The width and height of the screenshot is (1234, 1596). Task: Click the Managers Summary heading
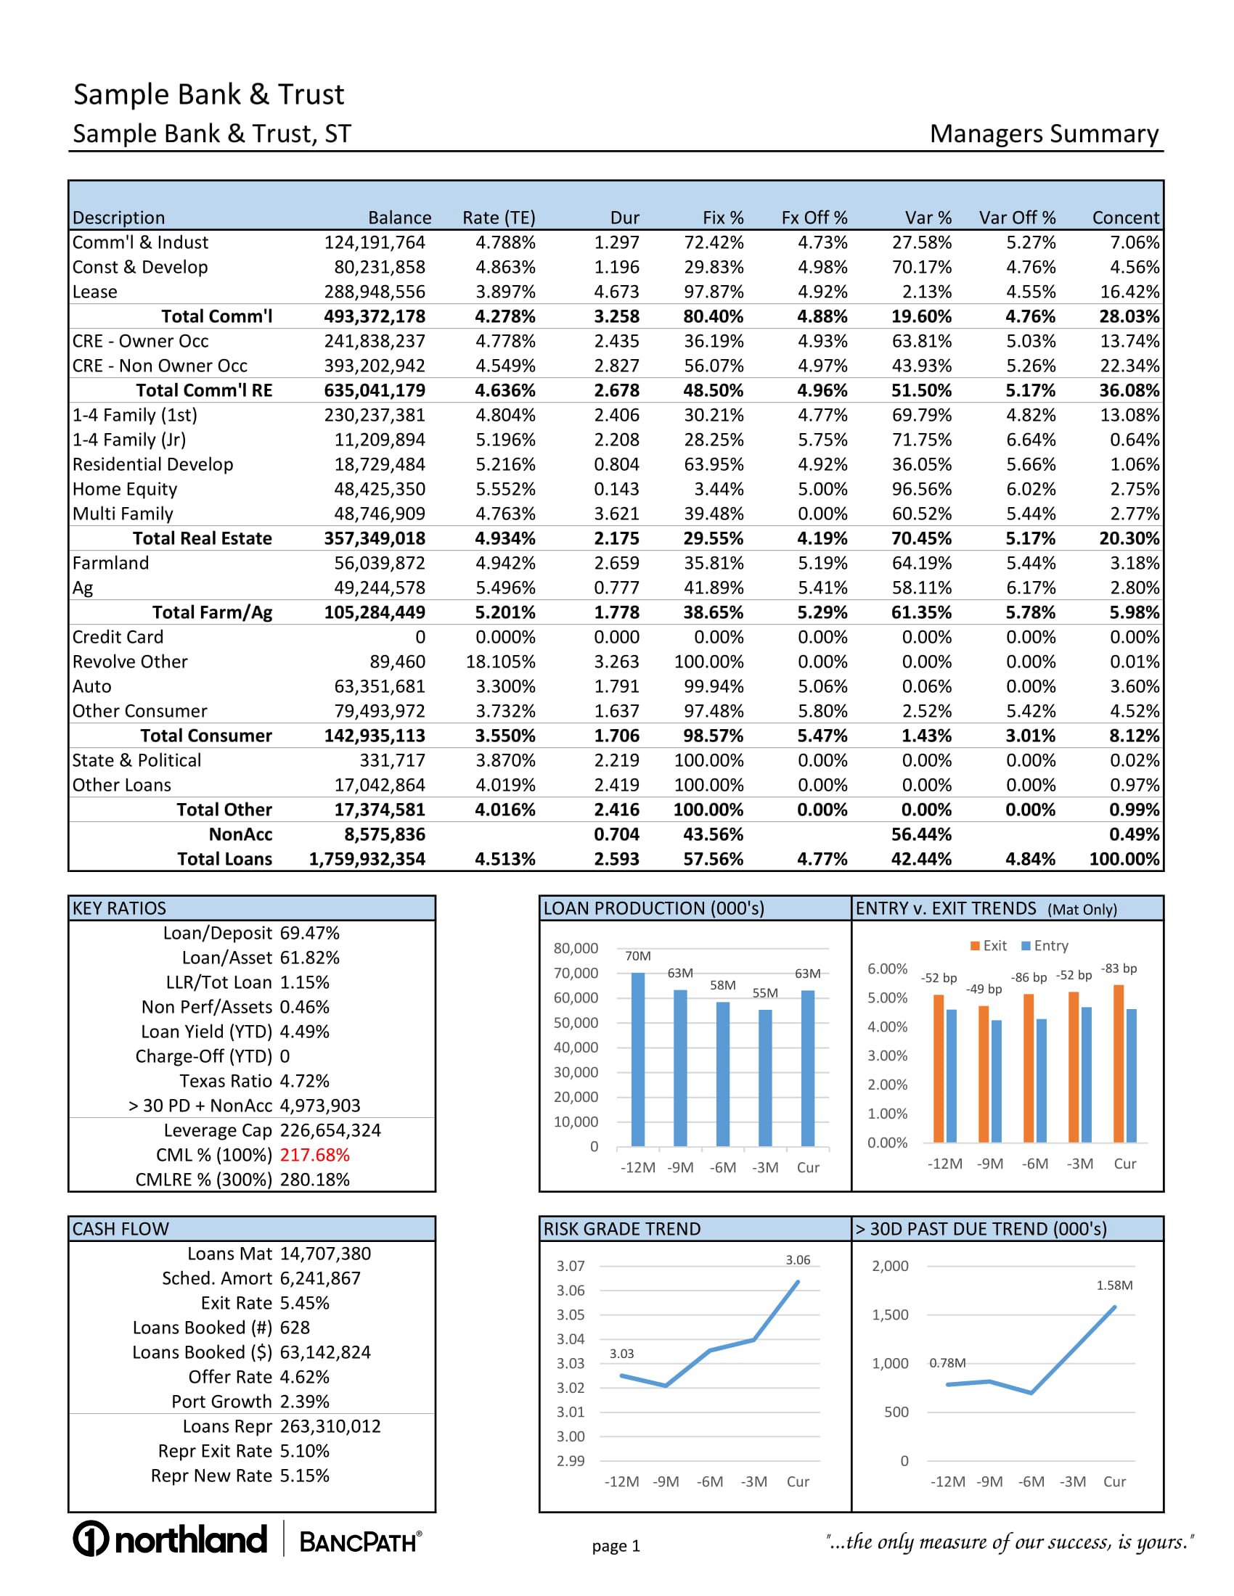click(1043, 134)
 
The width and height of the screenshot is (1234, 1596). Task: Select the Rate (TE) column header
click(499, 218)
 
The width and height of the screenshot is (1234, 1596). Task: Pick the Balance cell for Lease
click(375, 292)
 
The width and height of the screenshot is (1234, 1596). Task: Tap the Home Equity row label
click(125, 490)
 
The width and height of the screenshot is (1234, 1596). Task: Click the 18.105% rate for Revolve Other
click(500, 662)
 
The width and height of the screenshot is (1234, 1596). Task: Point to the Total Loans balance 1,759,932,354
click(367, 860)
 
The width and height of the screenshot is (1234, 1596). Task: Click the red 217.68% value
click(314, 1156)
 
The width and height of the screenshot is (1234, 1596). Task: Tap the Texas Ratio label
click(225, 1082)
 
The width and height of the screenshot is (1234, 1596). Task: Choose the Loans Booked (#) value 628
click(295, 1328)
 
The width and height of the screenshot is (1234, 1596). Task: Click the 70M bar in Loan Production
click(637, 1060)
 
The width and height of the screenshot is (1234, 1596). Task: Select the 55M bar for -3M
click(764, 1078)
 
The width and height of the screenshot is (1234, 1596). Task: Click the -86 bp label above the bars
click(1029, 978)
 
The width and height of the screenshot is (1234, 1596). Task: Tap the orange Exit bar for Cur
click(1119, 1064)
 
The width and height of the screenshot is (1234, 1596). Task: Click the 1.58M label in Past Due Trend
click(1114, 1286)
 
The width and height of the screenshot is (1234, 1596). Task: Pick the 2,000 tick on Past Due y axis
click(890, 1267)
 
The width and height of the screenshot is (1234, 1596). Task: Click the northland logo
click(170, 1539)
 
